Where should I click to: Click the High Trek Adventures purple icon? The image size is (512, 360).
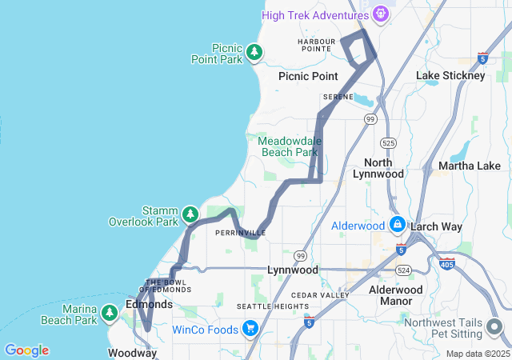[381, 14]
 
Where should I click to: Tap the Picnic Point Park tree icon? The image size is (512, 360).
[254, 53]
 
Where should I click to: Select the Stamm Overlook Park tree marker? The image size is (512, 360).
[190, 214]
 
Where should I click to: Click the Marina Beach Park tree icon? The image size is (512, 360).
[110, 314]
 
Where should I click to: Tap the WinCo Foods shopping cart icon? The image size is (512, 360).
[250, 329]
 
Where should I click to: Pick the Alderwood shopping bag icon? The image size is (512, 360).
[398, 226]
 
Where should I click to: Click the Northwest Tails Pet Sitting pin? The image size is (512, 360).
[494, 327]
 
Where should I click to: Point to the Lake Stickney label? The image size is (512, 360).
[450, 75]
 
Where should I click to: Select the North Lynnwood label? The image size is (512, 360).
[390, 168]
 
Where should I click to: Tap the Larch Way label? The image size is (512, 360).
[436, 226]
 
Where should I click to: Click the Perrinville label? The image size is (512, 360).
[235, 233]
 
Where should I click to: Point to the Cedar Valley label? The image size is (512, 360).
[320, 294]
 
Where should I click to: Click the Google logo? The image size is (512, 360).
[26, 350]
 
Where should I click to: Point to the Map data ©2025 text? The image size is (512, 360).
[477, 354]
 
